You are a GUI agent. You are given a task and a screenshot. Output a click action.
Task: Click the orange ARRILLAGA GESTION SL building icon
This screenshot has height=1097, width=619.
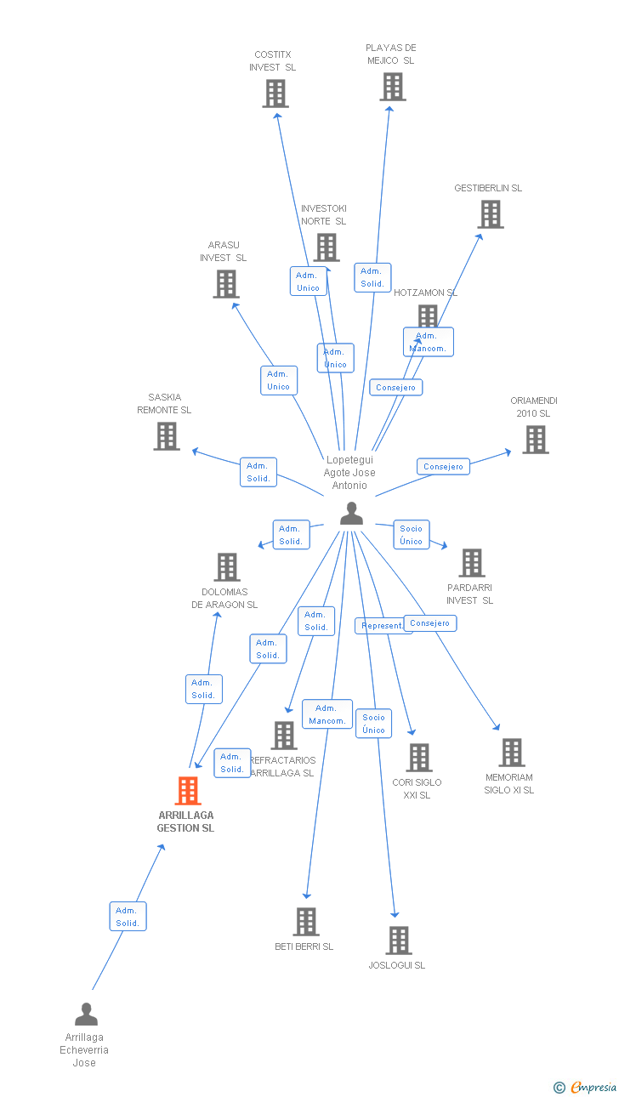[188, 791]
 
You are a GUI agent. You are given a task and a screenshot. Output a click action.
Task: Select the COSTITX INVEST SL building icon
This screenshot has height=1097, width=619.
[275, 94]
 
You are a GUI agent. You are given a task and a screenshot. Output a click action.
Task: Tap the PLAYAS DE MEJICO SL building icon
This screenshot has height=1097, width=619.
[392, 87]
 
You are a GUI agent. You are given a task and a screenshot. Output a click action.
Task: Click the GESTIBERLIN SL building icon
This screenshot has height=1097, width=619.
[491, 214]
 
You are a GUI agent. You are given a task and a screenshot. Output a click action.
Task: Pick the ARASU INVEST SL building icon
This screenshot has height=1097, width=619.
[225, 284]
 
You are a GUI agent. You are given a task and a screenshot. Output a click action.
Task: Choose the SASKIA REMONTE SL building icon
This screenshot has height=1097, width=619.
[167, 436]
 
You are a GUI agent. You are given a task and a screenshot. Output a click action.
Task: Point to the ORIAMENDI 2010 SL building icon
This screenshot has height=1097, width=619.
[535, 440]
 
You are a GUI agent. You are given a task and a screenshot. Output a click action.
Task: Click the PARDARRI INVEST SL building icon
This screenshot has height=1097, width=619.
[471, 563]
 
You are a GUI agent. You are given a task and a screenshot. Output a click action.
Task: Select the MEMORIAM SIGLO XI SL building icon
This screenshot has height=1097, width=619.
[511, 753]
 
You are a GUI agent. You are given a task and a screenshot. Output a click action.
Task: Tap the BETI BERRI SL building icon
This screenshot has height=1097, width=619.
[306, 922]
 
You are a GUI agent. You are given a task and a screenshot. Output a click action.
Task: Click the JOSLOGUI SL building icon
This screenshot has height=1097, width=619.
[399, 941]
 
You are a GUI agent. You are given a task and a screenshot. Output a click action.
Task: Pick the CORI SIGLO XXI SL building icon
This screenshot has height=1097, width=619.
[418, 758]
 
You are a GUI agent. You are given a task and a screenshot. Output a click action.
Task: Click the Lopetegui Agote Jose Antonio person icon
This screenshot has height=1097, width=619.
[351, 514]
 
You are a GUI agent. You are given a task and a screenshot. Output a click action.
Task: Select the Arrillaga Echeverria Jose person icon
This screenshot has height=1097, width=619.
[86, 1015]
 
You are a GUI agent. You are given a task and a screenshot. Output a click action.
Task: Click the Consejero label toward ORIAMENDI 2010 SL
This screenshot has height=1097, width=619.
[443, 467]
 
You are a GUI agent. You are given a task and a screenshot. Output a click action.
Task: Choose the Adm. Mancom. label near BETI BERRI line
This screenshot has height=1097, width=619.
[327, 714]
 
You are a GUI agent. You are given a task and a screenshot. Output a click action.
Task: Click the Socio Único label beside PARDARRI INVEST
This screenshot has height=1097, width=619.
[411, 535]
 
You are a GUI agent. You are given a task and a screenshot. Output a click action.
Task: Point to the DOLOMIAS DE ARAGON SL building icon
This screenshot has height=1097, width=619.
[226, 567]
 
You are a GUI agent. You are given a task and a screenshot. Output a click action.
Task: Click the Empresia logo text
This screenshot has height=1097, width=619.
[593, 1087]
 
